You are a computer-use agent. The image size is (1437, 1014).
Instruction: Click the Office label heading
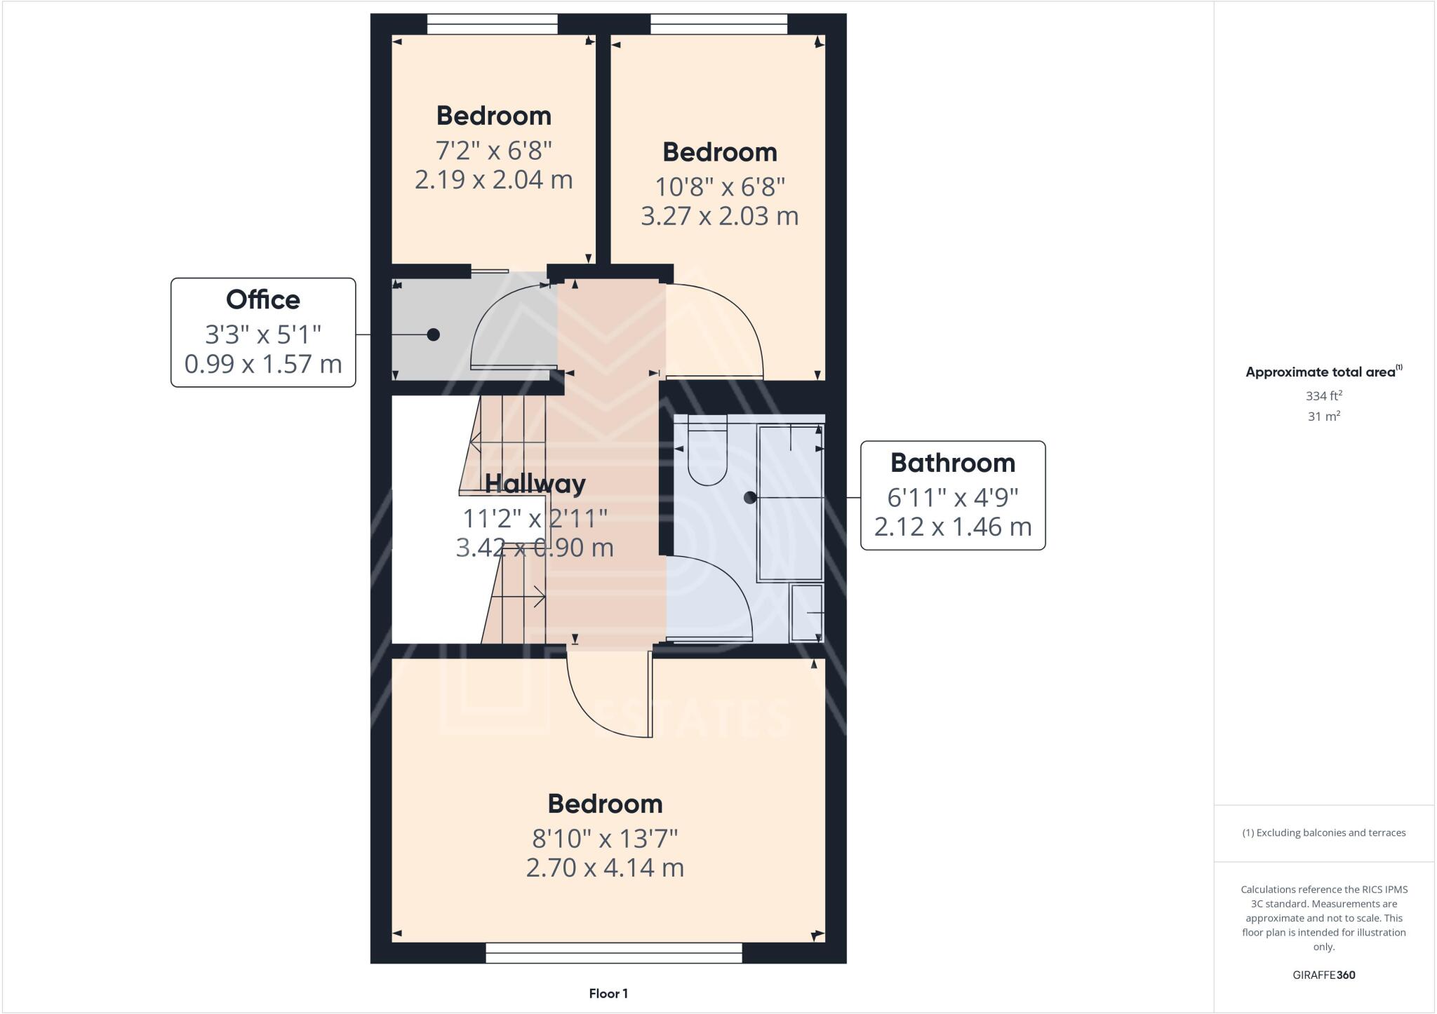pyautogui.click(x=263, y=300)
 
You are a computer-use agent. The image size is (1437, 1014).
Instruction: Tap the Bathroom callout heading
pyautogui.click(x=952, y=464)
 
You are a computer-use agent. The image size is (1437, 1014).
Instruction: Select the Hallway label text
pyautogui.click(x=535, y=484)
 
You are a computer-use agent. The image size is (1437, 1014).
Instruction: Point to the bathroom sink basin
pyautogui.click(x=806, y=613)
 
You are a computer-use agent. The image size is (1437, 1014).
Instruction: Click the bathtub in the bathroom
pyautogui.click(x=790, y=503)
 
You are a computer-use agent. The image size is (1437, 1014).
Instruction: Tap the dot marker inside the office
pyautogui.click(x=434, y=334)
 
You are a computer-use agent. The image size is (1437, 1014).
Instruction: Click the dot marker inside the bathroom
pyautogui.click(x=750, y=498)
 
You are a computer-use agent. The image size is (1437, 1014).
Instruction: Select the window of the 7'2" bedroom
pyautogui.click(x=493, y=25)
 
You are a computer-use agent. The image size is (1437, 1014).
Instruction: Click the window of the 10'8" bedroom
pyautogui.click(x=718, y=25)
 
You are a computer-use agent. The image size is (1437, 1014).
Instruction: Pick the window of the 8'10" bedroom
pyautogui.click(x=613, y=952)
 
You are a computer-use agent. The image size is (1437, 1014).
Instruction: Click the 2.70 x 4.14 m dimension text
pyautogui.click(x=605, y=868)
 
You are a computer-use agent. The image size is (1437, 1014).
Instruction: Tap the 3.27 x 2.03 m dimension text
pyautogui.click(x=719, y=216)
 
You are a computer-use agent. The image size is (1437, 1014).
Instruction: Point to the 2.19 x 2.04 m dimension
pyautogui.click(x=493, y=180)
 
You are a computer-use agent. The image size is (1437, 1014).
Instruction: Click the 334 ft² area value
pyautogui.click(x=1323, y=396)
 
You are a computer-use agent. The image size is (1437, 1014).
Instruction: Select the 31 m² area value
pyautogui.click(x=1323, y=417)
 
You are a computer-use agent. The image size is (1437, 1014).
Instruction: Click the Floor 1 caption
pyautogui.click(x=608, y=994)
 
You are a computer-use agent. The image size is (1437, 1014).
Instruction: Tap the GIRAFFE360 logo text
pyautogui.click(x=1323, y=975)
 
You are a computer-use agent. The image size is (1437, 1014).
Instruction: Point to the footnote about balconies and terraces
pyautogui.click(x=1323, y=833)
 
